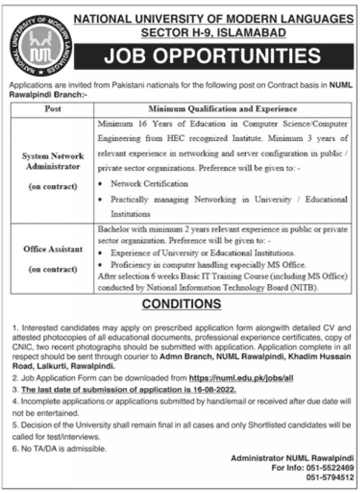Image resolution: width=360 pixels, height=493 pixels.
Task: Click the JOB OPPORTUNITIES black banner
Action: click(213, 56)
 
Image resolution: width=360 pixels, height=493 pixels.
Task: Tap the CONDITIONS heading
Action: click(182, 304)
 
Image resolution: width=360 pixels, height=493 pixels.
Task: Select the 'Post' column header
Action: click(53, 109)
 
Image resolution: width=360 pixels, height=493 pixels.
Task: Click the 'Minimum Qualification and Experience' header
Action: click(223, 109)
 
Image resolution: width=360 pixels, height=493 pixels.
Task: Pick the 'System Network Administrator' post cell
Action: click(53, 161)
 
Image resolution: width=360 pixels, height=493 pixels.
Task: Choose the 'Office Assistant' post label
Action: click(53, 249)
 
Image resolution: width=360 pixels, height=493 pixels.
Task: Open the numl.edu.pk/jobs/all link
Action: click(241, 378)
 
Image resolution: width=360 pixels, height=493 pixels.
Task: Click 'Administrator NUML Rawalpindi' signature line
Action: click(292, 458)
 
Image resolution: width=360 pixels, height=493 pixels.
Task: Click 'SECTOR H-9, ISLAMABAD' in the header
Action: click(213, 32)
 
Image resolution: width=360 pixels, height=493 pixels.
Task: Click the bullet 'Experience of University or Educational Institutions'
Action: click(203, 252)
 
